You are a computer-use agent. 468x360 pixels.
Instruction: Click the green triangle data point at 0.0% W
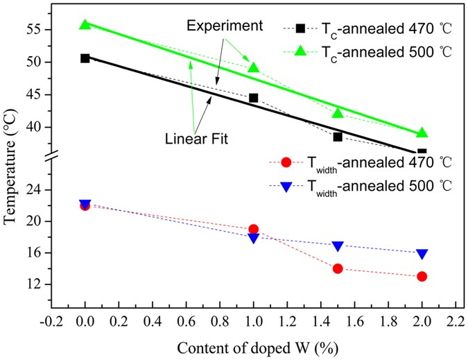click(85, 24)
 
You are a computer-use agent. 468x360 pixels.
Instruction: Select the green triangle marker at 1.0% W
click(254, 67)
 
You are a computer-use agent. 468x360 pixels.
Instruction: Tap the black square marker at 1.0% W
click(254, 98)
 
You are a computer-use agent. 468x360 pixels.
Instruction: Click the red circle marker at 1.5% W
click(338, 268)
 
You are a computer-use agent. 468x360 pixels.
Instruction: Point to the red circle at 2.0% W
click(422, 276)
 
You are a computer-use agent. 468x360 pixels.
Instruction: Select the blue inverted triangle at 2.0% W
click(422, 254)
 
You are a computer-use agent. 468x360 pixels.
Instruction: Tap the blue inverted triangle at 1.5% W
click(338, 246)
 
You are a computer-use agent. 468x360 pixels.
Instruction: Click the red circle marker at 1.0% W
click(254, 229)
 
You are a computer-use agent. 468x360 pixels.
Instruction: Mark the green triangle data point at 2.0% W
click(422, 132)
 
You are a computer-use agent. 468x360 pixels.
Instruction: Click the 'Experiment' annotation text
click(223, 27)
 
